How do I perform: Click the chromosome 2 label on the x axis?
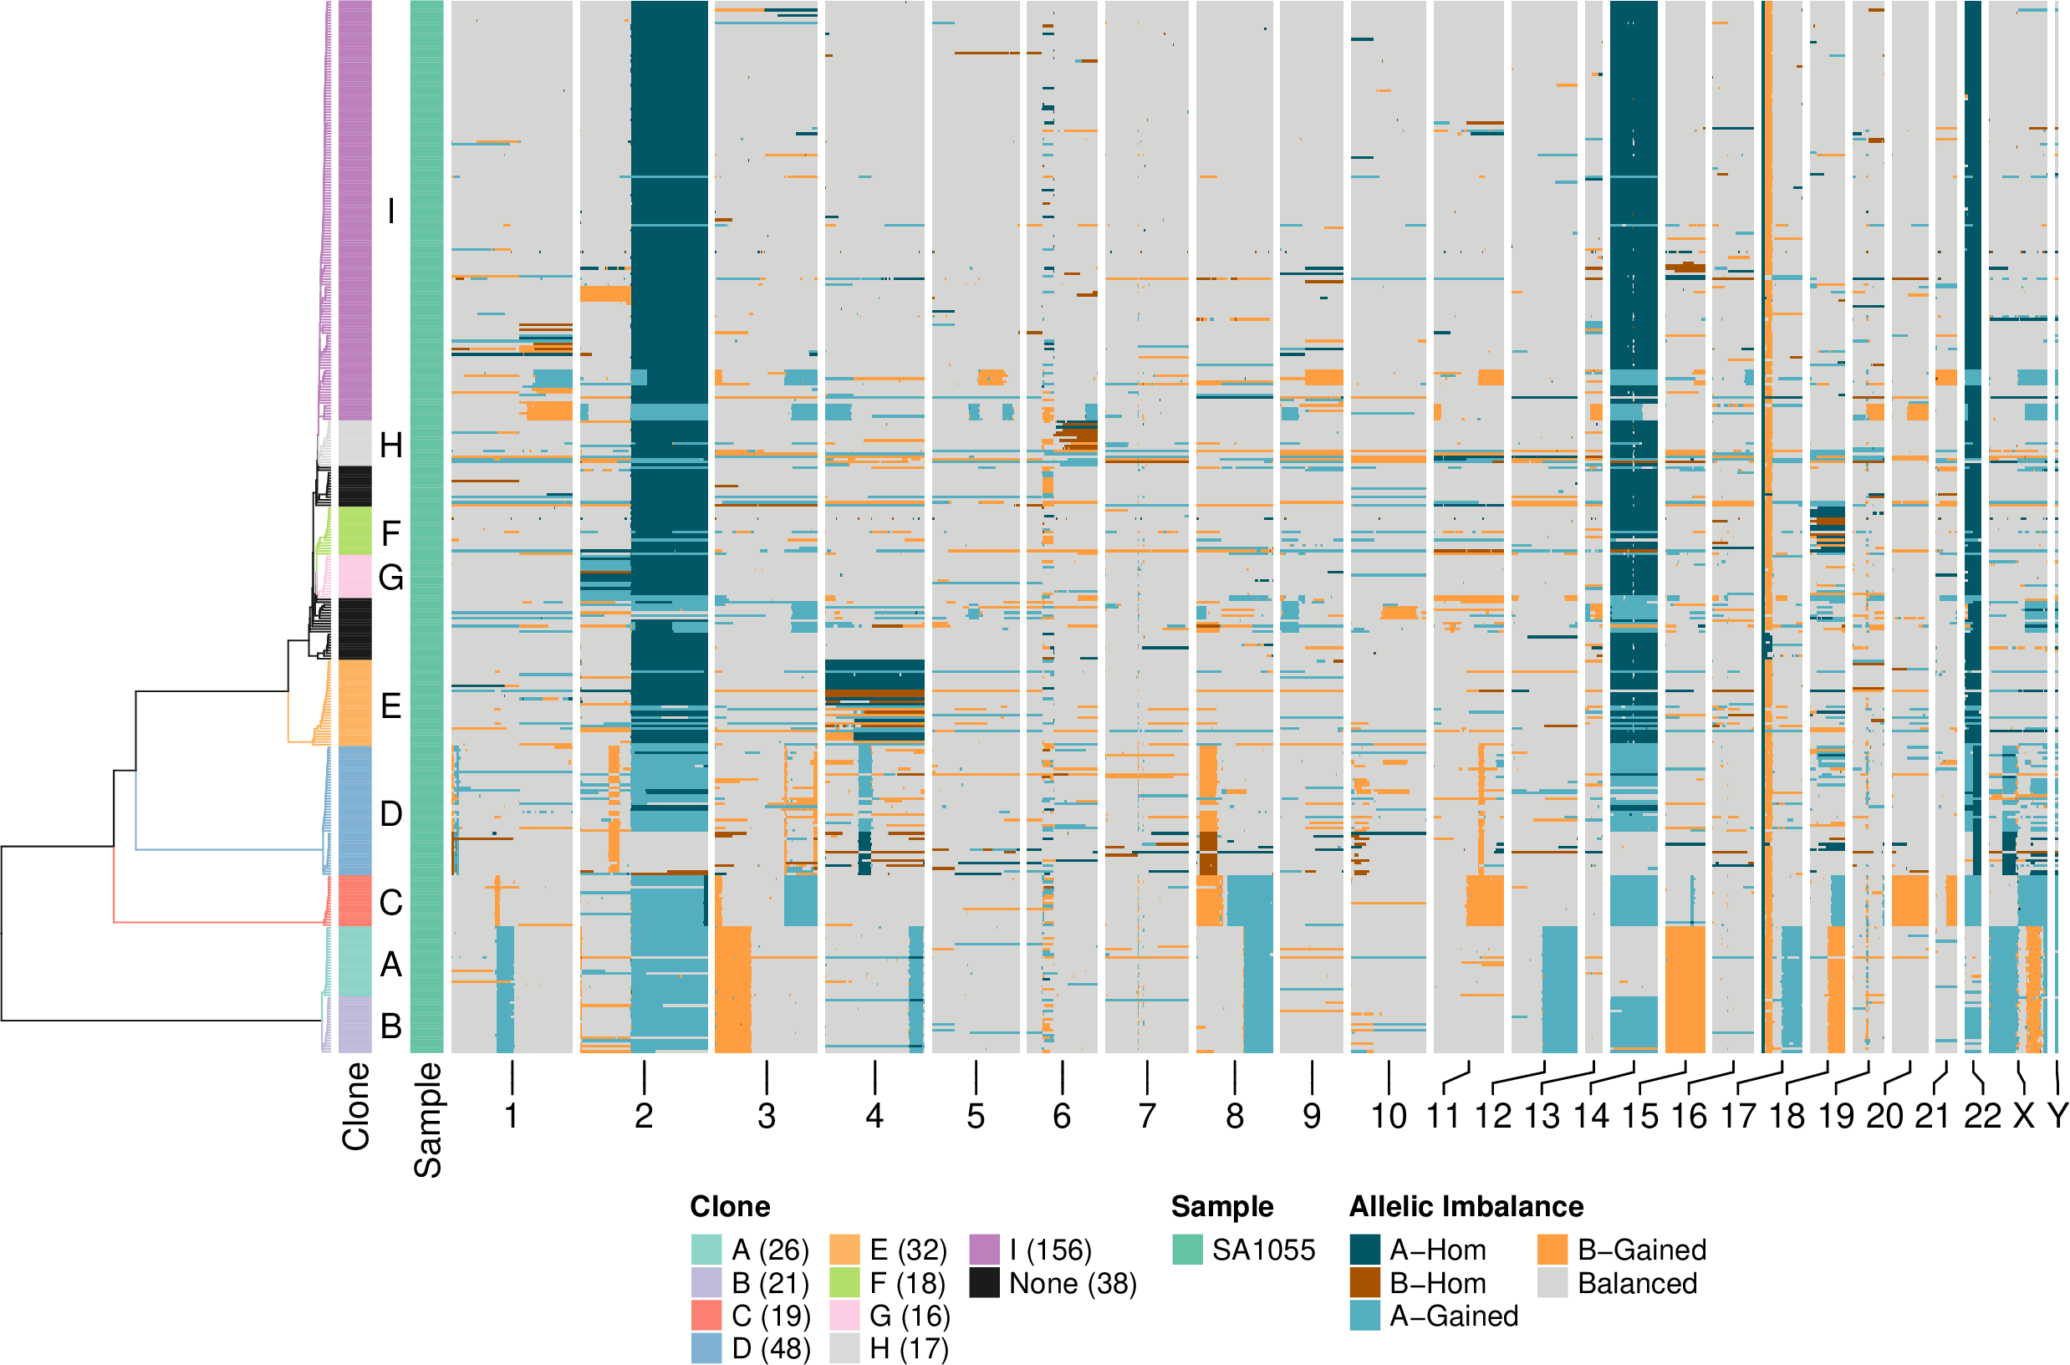[x=643, y=1116]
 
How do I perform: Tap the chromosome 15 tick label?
[x=1640, y=1116]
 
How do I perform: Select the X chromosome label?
[x=2024, y=1116]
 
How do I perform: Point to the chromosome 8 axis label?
[x=1234, y=1116]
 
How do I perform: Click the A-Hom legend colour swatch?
[x=1365, y=1250]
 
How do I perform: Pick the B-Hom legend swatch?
[x=1365, y=1283]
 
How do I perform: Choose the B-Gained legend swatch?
[x=1552, y=1250]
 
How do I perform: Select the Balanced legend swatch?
[x=1552, y=1283]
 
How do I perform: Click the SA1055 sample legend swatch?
[x=1187, y=1250]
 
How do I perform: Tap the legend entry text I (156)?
[x=1050, y=1250]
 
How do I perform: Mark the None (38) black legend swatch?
[x=985, y=1283]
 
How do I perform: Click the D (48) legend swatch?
[x=706, y=1348]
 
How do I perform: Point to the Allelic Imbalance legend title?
[x=1466, y=1206]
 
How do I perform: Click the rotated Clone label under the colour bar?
[x=356, y=1107]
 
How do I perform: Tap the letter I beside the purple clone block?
[x=391, y=211]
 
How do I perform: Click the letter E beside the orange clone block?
[x=391, y=706]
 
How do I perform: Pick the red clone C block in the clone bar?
[x=354, y=900]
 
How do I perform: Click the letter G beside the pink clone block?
[x=391, y=577]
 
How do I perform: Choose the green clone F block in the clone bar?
[x=354, y=531]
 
